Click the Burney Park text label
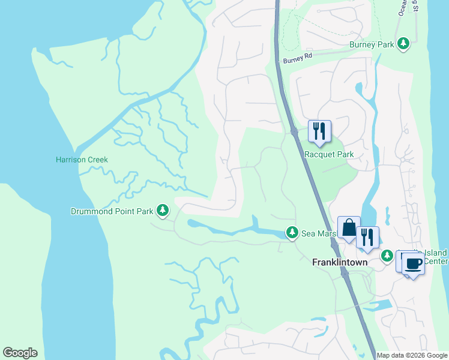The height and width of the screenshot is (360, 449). point(372,44)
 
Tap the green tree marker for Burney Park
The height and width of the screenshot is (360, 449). point(405,44)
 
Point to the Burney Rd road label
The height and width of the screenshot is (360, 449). point(298,60)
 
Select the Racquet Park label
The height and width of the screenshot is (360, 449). point(329,154)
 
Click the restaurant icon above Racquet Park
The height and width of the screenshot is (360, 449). point(319,130)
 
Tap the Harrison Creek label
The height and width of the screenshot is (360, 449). point(82,160)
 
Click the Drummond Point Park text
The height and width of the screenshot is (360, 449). point(112,211)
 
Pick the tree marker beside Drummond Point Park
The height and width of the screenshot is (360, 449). point(163,210)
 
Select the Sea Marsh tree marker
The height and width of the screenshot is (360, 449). point(292,232)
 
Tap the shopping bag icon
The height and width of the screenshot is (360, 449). point(349,228)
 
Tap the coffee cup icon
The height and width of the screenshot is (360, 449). point(413,263)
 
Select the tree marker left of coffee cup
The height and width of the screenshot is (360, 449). point(388,256)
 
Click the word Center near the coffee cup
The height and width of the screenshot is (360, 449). point(436,262)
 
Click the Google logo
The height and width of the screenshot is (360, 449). point(20,353)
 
